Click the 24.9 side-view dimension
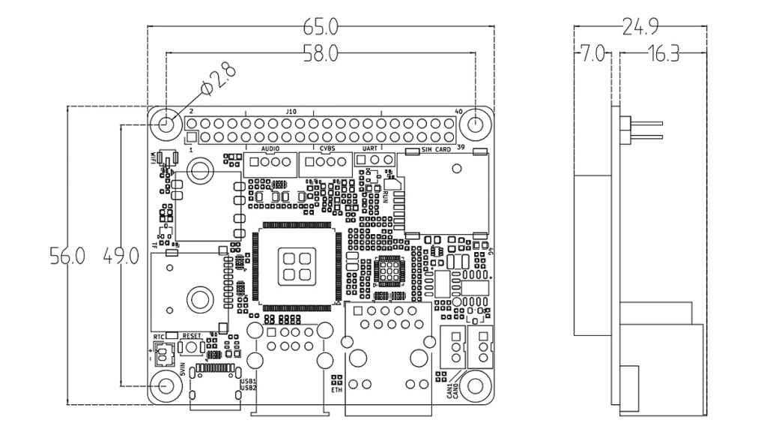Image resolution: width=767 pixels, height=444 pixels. pos(640,28)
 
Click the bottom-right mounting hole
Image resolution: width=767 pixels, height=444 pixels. pos(475,385)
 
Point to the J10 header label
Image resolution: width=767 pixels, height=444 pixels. pos(291,112)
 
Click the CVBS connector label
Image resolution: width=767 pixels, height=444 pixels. pos(327,150)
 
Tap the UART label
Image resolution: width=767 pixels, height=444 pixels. pos(369,150)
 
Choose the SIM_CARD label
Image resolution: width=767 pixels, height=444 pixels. pos(437,150)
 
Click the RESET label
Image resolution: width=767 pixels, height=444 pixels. pos(192,335)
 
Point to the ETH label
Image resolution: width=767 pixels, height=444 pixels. pos(336,390)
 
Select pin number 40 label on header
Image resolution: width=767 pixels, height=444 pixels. pos(459,112)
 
